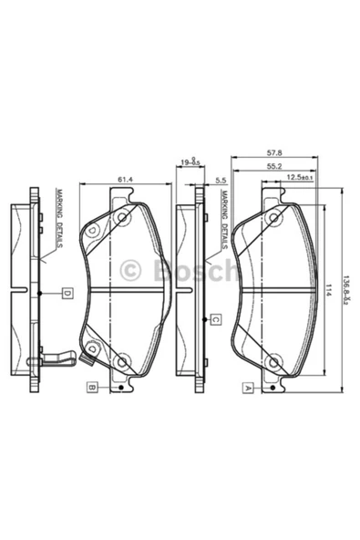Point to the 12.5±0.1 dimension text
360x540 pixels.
(x=300, y=179)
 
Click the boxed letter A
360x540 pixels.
(x=247, y=388)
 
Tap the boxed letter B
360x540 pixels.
(x=92, y=388)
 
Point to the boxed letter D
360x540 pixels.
(x=67, y=293)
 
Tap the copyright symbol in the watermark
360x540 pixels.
(x=131, y=270)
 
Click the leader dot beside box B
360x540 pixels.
(x=120, y=388)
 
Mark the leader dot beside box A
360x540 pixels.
(x=274, y=388)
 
